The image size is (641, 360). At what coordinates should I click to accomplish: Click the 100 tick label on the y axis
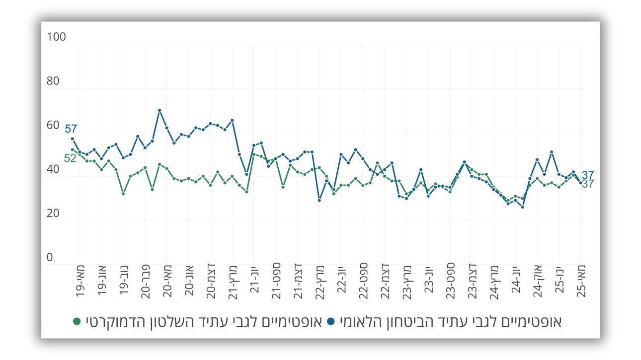pyautogui.click(x=56, y=37)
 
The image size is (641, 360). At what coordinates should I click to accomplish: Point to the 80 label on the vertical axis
pyautogui.click(x=53, y=81)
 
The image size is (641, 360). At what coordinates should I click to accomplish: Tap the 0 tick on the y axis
pyautogui.click(x=50, y=257)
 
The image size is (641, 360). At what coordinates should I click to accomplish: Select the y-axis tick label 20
pyautogui.click(x=53, y=214)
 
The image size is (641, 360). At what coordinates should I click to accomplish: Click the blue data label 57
pyautogui.click(x=71, y=129)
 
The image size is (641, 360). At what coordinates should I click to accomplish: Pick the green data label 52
pyautogui.click(x=70, y=158)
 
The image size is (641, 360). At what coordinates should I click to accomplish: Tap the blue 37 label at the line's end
pyautogui.click(x=588, y=175)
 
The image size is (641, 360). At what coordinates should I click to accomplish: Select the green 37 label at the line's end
pyautogui.click(x=588, y=184)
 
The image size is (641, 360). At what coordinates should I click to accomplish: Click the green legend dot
pyautogui.click(x=77, y=322)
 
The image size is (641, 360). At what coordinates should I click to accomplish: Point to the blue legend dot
pyautogui.click(x=331, y=322)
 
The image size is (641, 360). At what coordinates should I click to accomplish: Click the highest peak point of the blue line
pyautogui.click(x=160, y=110)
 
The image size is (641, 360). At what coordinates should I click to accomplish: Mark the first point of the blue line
pyautogui.click(x=73, y=139)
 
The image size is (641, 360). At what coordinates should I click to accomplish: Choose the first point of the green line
pyautogui.click(x=73, y=150)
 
